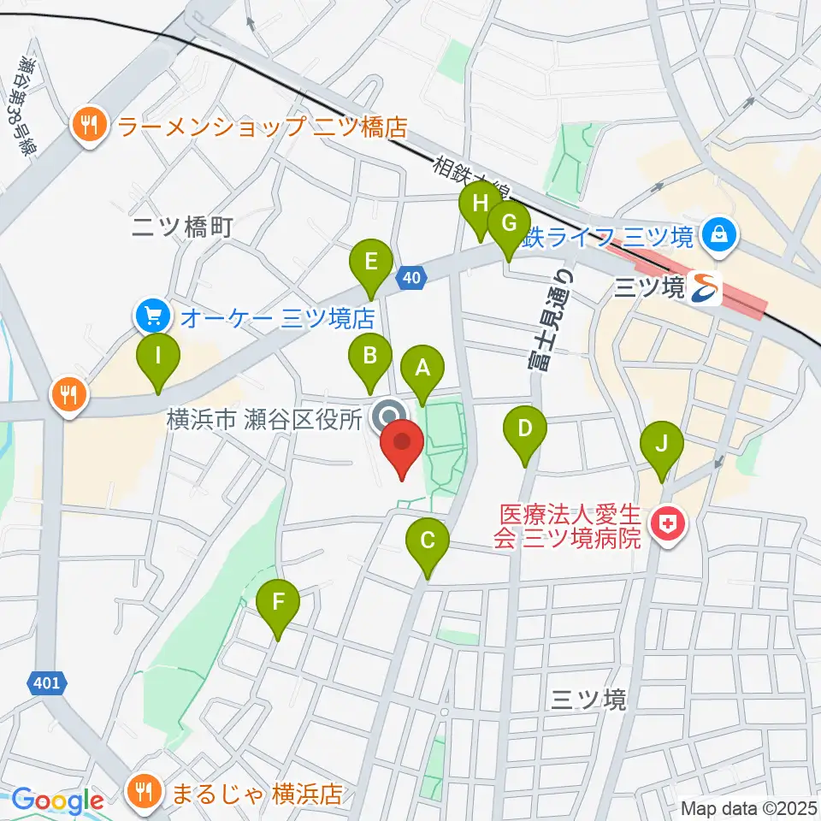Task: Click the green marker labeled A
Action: tap(422, 369)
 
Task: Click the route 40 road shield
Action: tap(411, 277)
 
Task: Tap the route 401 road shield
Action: tap(48, 682)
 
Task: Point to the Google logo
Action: tap(57, 800)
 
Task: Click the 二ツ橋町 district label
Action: tap(183, 227)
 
